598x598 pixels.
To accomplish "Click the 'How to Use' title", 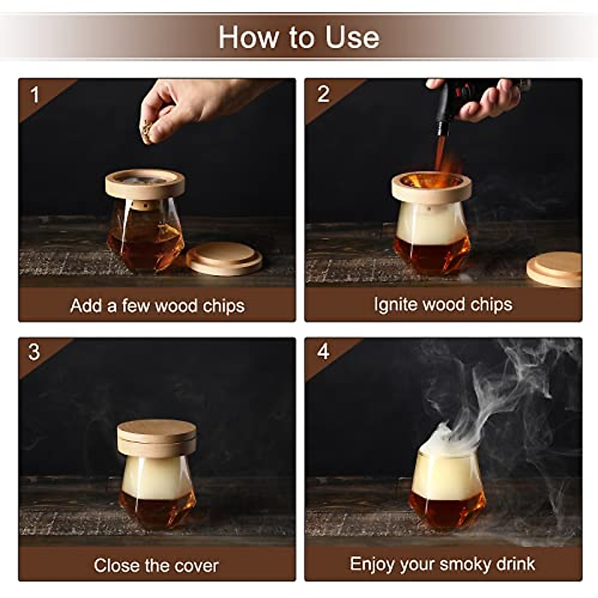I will (x=299, y=37).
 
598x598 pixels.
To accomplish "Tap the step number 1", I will (x=34, y=94).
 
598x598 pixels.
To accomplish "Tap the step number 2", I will (x=323, y=94).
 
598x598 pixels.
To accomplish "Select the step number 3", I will (x=34, y=352).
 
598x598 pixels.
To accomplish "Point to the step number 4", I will (x=323, y=352).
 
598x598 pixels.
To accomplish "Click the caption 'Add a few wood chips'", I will (x=157, y=305).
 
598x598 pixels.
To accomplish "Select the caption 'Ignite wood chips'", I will (x=443, y=304).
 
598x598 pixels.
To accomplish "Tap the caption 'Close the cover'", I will (x=156, y=565).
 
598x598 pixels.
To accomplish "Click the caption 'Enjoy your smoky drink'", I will (x=443, y=564).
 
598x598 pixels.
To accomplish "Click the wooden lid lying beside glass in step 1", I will (x=224, y=258).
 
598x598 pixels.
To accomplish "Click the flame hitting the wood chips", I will (x=441, y=159).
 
